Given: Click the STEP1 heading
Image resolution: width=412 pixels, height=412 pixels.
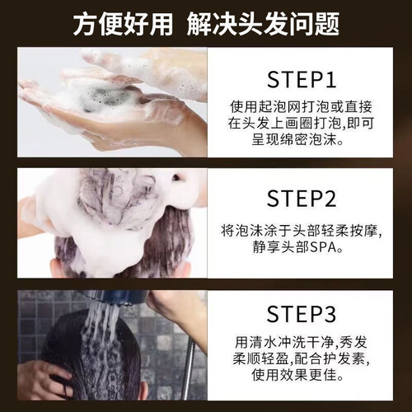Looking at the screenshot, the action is (302, 80).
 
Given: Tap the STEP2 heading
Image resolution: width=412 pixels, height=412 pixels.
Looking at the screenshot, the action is (302, 199).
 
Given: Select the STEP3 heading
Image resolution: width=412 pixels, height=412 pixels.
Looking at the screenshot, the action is (302, 314).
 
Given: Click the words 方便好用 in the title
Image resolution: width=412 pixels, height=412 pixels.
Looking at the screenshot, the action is (123, 24).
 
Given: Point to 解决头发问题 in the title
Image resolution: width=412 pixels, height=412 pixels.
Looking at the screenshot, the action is (263, 24).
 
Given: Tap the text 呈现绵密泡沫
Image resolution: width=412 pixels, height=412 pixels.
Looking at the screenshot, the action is (294, 139).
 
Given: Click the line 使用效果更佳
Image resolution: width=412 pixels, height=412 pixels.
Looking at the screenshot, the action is (294, 375).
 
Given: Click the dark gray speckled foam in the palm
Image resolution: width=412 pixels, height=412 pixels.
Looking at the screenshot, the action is (105, 97).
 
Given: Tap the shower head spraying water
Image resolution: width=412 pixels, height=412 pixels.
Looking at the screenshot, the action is (118, 298).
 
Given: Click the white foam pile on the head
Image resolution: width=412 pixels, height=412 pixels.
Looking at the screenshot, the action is (110, 208).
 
